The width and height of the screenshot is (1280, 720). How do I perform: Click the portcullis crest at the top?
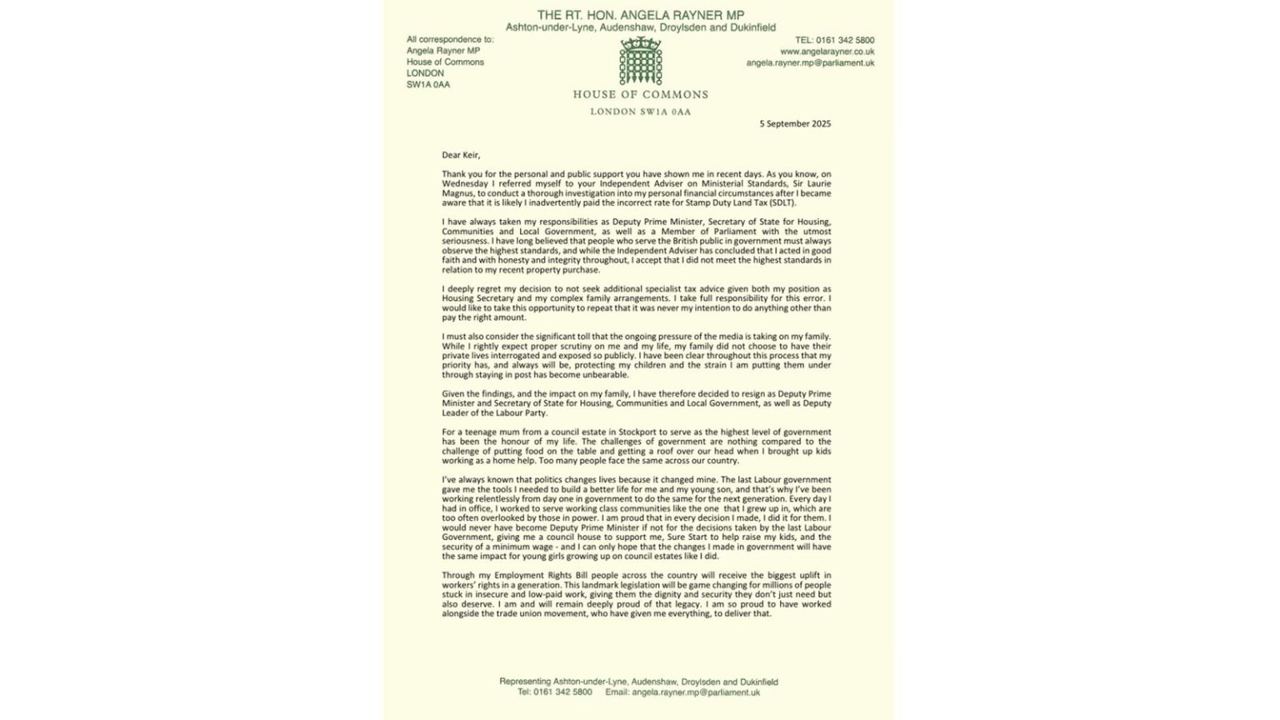[640, 60]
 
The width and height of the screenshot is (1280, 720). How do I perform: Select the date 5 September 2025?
[794, 123]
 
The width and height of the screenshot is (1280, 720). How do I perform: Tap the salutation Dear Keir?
[461, 155]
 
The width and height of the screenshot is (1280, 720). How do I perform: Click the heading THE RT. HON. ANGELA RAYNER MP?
[640, 15]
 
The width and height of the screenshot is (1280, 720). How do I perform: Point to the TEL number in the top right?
[834, 40]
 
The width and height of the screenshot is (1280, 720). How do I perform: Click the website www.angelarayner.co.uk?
[827, 52]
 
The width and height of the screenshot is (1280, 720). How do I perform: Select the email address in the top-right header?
[810, 62]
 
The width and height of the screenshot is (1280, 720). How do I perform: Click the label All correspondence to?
[450, 39]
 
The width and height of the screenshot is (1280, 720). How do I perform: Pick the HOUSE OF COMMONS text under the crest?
[640, 95]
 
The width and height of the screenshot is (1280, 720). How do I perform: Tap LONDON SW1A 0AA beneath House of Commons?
[640, 112]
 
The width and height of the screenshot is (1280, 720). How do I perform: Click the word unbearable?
[607, 375]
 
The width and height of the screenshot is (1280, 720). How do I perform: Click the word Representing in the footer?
[527, 682]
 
